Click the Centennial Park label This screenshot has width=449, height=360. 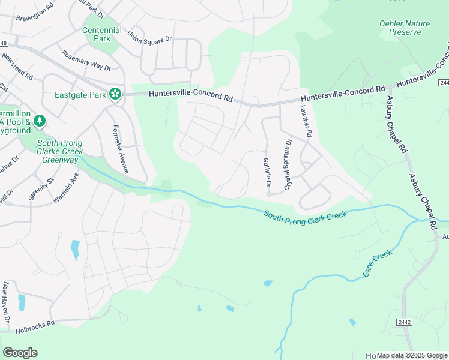(x=102, y=35)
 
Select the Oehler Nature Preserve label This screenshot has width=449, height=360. (x=405, y=28)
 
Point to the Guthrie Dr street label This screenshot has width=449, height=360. (x=267, y=172)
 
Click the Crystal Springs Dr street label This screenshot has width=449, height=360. (x=288, y=164)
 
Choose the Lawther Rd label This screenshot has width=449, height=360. (x=306, y=122)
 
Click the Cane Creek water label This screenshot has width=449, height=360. (x=377, y=263)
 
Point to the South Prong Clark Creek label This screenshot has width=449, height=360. (x=306, y=215)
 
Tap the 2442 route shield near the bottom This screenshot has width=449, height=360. (x=404, y=322)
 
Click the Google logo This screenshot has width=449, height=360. (x=20, y=353)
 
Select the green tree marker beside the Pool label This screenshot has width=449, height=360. (x=40, y=122)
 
